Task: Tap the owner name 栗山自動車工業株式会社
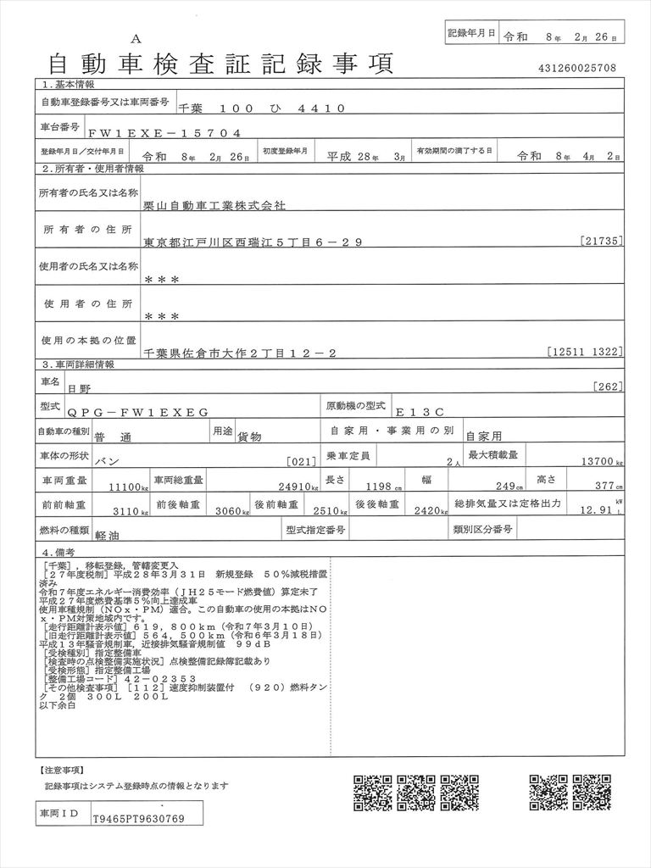pos(215,205)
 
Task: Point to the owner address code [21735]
pos(603,242)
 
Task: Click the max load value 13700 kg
pos(600,463)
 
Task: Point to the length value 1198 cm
pos(382,487)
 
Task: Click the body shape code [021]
pos(303,463)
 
